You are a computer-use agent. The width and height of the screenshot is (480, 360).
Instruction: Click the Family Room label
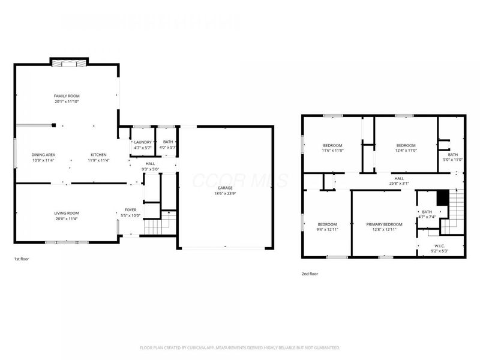(67, 96)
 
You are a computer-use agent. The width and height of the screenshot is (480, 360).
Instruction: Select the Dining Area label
(43, 155)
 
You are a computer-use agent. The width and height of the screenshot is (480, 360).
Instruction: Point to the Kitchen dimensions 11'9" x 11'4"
(98, 161)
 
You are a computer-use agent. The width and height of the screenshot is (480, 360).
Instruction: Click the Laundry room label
(142, 142)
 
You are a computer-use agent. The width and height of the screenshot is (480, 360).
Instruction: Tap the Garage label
(225, 187)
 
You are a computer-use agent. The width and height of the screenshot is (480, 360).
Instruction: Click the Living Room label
(67, 213)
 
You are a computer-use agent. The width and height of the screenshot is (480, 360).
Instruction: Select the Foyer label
(130, 210)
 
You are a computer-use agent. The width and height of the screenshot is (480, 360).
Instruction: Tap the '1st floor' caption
(21, 259)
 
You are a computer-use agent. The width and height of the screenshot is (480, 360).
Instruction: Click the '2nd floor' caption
(310, 274)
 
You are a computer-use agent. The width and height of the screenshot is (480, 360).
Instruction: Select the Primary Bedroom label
(384, 224)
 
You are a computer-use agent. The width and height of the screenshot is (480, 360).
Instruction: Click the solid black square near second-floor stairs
(442, 197)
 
